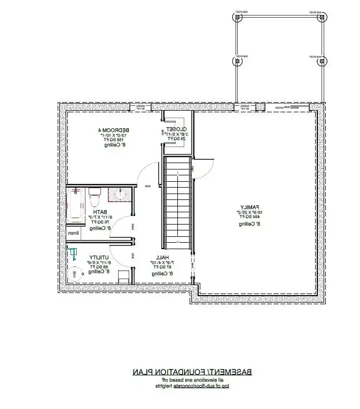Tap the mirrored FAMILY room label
pyautogui.click(x=249, y=206)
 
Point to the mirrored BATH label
pyautogui.click(x=99, y=213)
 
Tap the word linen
pyautogui.click(x=73, y=234)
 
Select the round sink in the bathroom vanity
pyautogui.click(x=119, y=196)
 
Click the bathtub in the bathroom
pyautogui.click(x=76, y=206)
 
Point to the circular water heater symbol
pyautogui.click(x=75, y=274)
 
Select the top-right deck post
pyautogui.click(x=322, y=17)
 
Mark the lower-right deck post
pyautogui.click(x=322, y=61)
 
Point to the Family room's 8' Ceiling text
pyautogui.click(x=249, y=225)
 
